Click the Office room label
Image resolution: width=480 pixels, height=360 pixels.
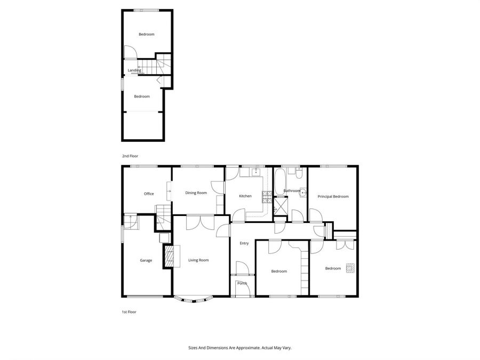click(149, 194)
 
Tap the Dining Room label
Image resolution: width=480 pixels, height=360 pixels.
click(196, 193)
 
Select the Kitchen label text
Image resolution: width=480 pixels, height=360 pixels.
click(245, 196)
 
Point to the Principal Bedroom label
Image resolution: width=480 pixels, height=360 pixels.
click(333, 196)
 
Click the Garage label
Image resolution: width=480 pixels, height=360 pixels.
click(146, 260)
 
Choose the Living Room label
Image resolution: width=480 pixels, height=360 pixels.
click(198, 260)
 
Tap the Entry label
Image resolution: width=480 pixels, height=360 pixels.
click(244, 243)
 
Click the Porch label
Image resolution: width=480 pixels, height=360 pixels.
click(242, 283)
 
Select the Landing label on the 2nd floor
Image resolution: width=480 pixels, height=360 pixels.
click(134, 70)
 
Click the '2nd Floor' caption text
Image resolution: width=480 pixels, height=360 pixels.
click(130, 156)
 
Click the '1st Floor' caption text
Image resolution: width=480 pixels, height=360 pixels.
click(129, 311)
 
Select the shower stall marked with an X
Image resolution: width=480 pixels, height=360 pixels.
click(279, 206)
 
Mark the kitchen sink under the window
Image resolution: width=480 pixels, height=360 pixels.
click(255, 172)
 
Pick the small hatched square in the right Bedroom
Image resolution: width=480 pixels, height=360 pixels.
click(350, 268)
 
